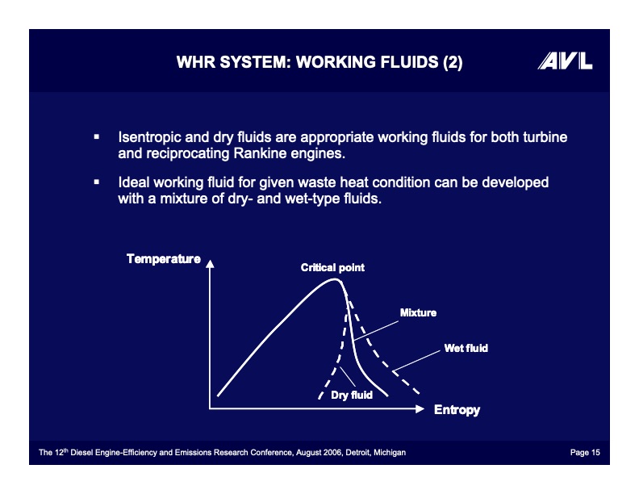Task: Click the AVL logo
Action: click(x=565, y=61)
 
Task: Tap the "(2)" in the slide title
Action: click(x=453, y=62)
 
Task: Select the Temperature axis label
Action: click(x=164, y=259)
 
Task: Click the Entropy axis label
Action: click(x=457, y=409)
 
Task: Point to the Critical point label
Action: click(x=332, y=267)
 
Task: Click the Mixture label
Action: click(x=418, y=312)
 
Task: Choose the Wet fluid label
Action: click(x=466, y=348)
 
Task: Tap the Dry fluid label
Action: click(x=352, y=395)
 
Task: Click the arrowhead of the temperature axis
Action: click(x=210, y=264)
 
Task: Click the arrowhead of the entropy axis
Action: click(x=420, y=408)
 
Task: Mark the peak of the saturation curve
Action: click(x=335, y=279)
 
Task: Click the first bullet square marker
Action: click(x=97, y=137)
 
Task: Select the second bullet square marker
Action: click(x=97, y=182)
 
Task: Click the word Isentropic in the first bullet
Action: click(x=149, y=137)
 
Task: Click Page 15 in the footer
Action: click(x=585, y=452)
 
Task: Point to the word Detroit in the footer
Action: click(x=357, y=452)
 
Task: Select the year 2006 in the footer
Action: click(x=333, y=452)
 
